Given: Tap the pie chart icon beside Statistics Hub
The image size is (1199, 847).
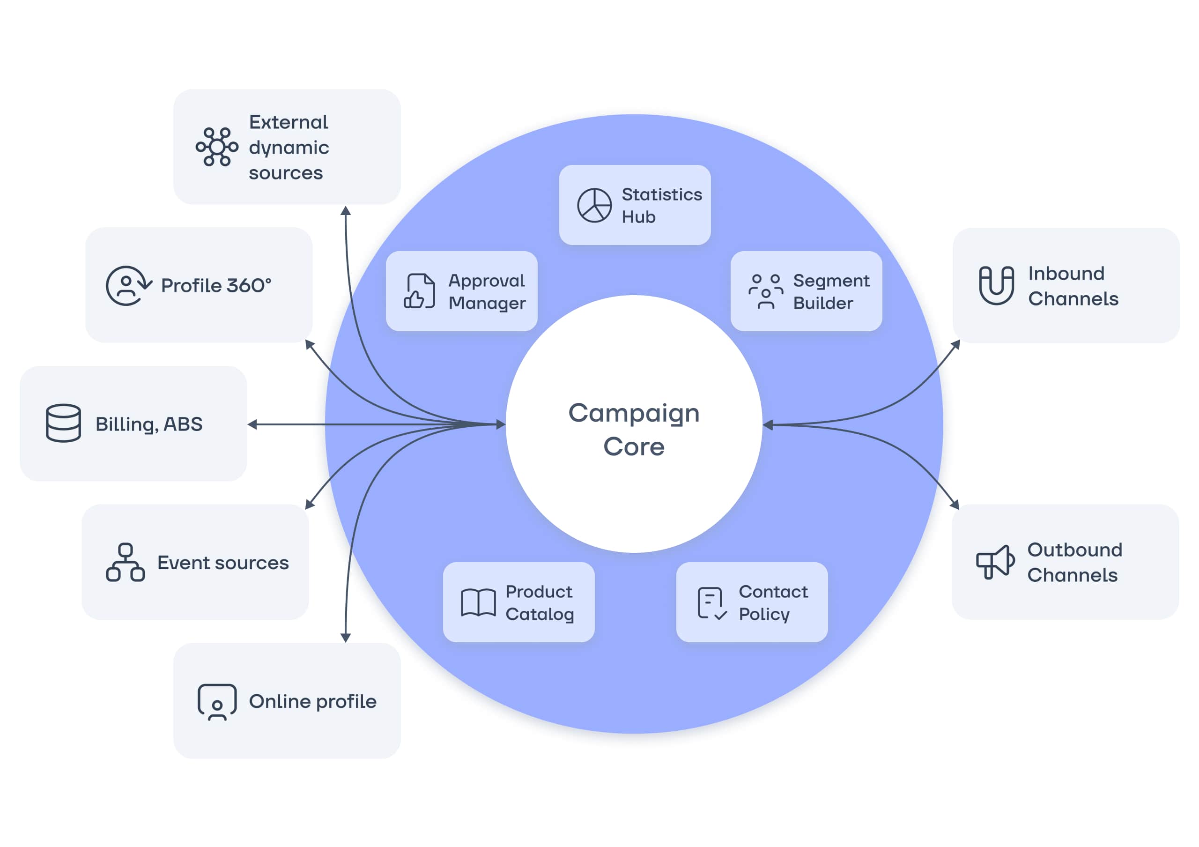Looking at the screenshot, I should pos(594,205).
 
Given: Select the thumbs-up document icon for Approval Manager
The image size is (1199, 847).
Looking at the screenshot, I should pos(419,291).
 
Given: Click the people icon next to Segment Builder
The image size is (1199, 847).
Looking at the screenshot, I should pos(766,291).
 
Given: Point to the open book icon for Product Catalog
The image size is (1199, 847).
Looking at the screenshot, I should pos(478,602).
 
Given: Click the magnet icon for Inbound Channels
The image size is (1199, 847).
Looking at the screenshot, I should pos(996,285).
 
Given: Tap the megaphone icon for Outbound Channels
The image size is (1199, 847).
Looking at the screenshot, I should pos(995,562).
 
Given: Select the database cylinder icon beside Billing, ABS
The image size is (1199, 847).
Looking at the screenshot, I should pos(63,423).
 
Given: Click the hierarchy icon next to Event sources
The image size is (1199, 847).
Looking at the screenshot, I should pos(126,563).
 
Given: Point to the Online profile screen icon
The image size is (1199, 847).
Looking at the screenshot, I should pos(217,702).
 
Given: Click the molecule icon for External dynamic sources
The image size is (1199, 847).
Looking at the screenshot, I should pos(217,147).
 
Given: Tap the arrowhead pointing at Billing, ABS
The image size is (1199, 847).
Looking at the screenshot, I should pos(252,424).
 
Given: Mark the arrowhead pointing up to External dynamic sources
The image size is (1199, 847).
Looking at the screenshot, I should pos(346,210).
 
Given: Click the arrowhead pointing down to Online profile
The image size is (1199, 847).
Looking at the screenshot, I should pos(345,638).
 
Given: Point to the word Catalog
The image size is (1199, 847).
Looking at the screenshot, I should pos(540,615).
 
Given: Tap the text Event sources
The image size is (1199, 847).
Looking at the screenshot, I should pos(223,563).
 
